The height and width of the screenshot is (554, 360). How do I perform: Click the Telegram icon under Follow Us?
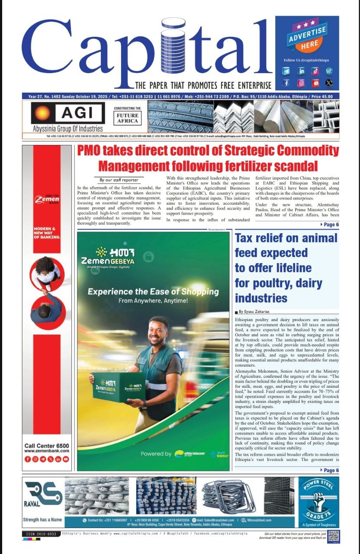286,71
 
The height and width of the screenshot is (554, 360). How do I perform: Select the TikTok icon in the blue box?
315,71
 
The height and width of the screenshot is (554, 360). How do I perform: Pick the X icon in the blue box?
329,83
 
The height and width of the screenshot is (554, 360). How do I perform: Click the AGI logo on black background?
67,113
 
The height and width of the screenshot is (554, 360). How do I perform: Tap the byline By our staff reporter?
119,180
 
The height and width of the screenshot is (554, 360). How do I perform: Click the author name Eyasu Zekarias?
256,312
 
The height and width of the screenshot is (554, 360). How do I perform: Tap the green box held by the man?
119,387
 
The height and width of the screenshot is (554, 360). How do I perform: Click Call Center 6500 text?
47,446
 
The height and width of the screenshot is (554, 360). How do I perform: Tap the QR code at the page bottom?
333,536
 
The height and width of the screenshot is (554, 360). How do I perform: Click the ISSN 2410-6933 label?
40,534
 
